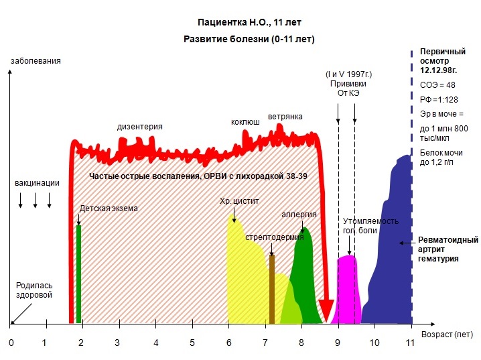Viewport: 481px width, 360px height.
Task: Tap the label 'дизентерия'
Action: click(139, 126)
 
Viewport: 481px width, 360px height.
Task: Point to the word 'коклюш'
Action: click(245, 122)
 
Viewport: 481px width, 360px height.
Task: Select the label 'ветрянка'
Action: click(285, 117)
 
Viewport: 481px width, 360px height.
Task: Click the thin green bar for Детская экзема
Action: click(78, 275)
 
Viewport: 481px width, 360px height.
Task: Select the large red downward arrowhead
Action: click(326, 310)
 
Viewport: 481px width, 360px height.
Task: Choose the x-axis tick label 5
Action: click(192, 343)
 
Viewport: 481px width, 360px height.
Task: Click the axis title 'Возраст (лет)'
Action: click(447, 333)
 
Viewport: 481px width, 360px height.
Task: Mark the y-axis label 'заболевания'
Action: click(36, 61)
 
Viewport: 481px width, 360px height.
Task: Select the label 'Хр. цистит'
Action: click(239, 200)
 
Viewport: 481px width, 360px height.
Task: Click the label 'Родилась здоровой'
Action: click(34, 290)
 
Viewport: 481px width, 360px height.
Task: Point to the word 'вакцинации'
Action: click(37, 182)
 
